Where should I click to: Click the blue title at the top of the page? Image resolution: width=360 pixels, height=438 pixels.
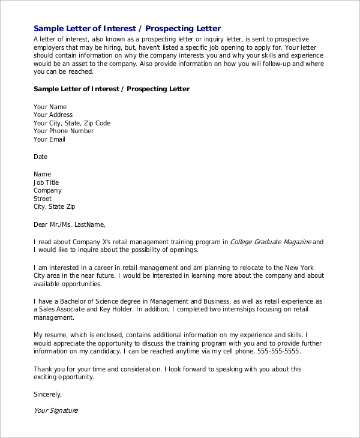(127, 28)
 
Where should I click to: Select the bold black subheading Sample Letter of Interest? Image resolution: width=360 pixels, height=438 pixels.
(112, 89)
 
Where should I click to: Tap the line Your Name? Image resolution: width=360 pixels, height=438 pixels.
(50, 107)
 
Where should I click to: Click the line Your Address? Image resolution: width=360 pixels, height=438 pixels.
(53, 115)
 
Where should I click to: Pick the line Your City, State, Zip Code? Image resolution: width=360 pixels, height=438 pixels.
(72, 123)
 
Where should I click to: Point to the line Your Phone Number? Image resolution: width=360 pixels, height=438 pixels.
(64, 131)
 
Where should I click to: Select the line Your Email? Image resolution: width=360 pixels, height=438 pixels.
(49, 139)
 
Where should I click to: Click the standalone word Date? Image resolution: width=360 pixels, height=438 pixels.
(40, 157)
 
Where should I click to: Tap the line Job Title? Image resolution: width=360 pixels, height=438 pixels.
(46, 182)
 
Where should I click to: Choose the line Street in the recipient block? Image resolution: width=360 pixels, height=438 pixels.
(43, 199)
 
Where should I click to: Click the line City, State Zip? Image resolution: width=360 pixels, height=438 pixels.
(55, 206)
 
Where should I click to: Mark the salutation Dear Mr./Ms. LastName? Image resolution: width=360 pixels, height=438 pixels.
(70, 224)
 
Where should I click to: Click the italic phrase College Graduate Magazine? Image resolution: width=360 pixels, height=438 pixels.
(271, 242)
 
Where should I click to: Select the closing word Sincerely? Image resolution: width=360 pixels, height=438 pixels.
(48, 394)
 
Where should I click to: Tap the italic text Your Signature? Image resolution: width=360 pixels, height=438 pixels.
(56, 411)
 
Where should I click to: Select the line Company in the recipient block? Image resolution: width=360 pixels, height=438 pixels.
(47, 190)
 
